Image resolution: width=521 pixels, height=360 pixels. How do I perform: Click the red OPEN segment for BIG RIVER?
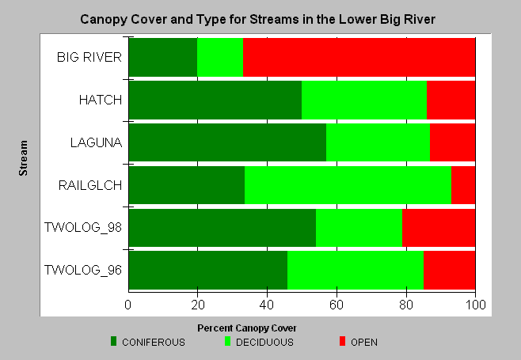click(x=359, y=58)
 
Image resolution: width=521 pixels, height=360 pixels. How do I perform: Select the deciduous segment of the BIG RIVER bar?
click(x=220, y=58)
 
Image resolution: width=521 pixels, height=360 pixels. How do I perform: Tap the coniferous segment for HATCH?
click(x=215, y=100)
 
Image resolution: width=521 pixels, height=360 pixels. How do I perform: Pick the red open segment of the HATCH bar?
click(x=451, y=100)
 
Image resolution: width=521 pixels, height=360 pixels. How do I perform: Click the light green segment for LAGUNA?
click(x=378, y=142)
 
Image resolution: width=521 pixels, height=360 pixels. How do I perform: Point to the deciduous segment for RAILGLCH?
click(x=348, y=185)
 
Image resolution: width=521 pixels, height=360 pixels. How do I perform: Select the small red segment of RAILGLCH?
click(x=463, y=185)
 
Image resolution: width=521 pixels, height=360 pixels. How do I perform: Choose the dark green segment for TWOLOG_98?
click(x=222, y=228)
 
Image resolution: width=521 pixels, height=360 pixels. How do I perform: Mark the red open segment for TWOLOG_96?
click(x=449, y=270)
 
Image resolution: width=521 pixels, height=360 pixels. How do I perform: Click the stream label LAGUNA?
click(x=96, y=142)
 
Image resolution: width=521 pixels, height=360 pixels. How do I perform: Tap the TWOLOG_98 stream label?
click(x=83, y=228)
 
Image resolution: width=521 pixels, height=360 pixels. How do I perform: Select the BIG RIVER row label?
click(x=89, y=57)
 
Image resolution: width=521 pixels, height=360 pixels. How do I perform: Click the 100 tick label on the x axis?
click(x=476, y=305)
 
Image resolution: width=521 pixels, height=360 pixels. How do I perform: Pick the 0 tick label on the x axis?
click(x=128, y=305)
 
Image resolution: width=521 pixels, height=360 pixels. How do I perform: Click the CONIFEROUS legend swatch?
click(x=114, y=341)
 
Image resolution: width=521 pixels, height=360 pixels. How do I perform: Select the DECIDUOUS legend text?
click(x=264, y=343)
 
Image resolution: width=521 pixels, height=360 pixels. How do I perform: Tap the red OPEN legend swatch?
click(x=342, y=341)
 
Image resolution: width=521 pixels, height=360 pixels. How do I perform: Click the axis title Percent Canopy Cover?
click(x=246, y=328)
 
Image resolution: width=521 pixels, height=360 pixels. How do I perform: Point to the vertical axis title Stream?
click(x=23, y=158)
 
